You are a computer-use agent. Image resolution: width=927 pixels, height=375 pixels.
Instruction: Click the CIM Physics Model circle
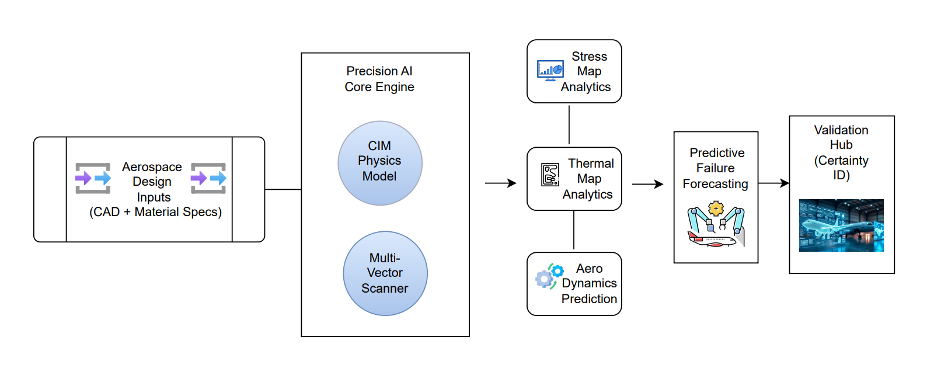(x=379, y=162)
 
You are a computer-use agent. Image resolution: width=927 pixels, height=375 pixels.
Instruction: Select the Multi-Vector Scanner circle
(x=385, y=273)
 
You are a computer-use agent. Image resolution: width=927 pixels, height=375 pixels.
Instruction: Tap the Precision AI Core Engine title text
(x=379, y=79)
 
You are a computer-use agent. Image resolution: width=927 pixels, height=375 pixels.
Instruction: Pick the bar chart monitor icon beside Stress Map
(x=550, y=70)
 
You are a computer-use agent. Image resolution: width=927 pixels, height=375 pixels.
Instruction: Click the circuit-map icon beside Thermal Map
(x=550, y=174)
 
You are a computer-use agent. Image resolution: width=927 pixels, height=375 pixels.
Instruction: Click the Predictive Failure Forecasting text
(x=716, y=168)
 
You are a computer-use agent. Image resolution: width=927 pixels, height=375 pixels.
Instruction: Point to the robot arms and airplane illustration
(x=716, y=225)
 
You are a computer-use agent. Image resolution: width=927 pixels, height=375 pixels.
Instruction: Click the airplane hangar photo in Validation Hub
(x=841, y=225)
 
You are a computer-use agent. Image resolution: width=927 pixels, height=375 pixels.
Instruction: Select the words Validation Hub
(x=841, y=137)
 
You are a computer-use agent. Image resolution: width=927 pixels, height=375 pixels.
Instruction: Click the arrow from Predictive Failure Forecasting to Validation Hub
(x=773, y=183)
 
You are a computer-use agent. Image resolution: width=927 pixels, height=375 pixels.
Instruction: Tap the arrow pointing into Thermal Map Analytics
(x=501, y=183)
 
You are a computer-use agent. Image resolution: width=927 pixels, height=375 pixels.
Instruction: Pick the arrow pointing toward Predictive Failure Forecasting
(x=648, y=185)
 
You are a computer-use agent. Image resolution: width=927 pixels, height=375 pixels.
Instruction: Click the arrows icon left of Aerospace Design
(x=93, y=178)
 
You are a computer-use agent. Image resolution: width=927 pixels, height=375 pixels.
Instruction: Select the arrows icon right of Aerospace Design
(x=208, y=178)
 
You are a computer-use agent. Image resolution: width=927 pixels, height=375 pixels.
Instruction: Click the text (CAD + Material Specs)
(x=155, y=212)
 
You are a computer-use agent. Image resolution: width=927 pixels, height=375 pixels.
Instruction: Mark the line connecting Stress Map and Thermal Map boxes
(x=569, y=124)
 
